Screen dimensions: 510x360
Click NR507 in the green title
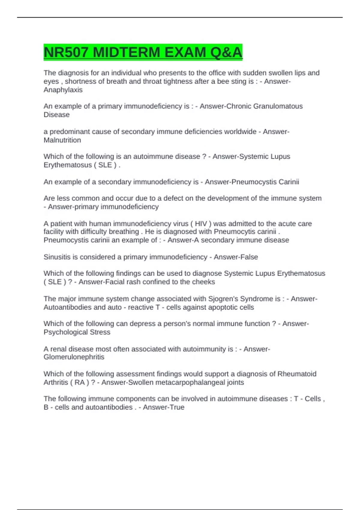(66, 52)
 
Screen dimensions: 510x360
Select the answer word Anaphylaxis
(63, 90)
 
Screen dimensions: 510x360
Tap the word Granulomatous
(278, 106)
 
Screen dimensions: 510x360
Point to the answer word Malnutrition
(62, 140)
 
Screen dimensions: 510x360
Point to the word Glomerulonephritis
(74, 357)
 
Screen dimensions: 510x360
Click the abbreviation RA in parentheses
(79, 382)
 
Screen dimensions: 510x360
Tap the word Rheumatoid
(297, 374)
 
